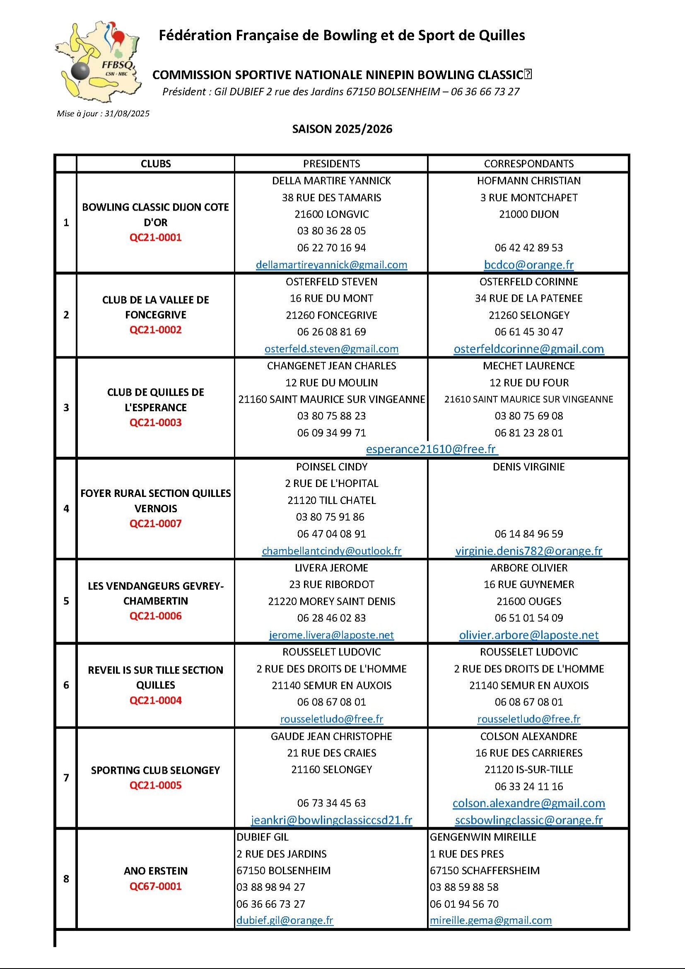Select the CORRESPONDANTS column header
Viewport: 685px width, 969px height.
click(528, 164)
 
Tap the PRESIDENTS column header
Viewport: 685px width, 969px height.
click(332, 164)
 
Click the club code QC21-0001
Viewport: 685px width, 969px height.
click(156, 237)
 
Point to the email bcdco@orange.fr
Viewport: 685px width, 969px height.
click(528, 264)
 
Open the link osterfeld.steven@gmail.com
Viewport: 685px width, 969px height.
click(332, 349)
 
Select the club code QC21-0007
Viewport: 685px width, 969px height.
click(156, 524)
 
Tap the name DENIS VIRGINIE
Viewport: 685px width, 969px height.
click(528, 467)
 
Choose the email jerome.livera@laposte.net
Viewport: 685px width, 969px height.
click(332, 635)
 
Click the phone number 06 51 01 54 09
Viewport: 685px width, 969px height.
click(528, 618)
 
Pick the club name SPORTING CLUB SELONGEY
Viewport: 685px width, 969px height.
click(156, 770)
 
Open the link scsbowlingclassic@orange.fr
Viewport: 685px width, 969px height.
click(528, 820)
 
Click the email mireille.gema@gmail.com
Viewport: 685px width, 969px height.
click(490, 921)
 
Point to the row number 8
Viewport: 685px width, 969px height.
click(66, 879)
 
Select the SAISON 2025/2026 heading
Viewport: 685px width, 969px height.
click(342, 129)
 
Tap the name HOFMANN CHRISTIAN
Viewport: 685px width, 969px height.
click(528, 181)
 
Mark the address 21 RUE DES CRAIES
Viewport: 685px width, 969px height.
click(332, 753)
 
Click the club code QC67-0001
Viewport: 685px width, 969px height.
click(156, 886)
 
